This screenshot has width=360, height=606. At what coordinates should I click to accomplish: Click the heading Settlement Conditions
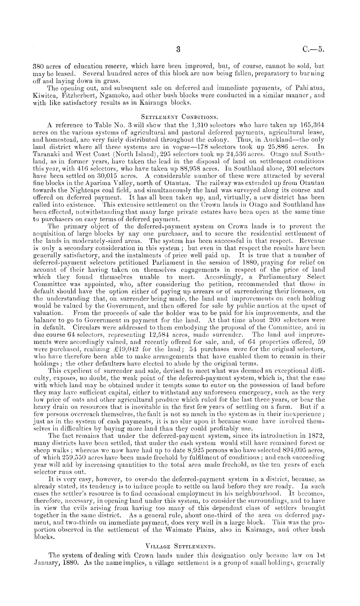coord(179,116)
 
